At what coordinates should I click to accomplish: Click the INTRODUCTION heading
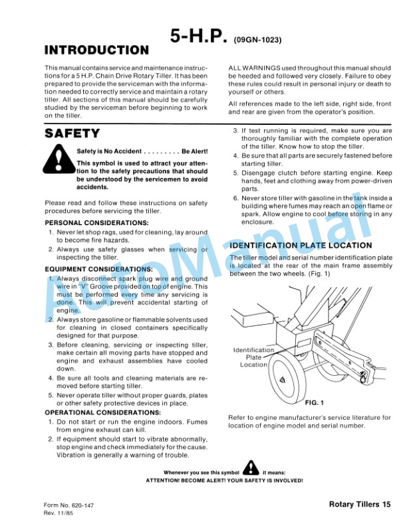click(96, 50)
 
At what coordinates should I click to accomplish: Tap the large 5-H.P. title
click(199, 37)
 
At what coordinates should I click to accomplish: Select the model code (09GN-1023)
click(258, 40)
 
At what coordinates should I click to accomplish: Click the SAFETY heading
click(72, 133)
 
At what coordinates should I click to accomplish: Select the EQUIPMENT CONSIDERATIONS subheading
click(98, 269)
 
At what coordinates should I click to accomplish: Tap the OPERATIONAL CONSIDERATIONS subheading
click(102, 412)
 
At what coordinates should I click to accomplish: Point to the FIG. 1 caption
click(313, 402)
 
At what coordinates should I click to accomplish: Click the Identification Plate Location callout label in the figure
click(253, 357)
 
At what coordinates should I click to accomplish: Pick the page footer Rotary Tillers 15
click(359, 505)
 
